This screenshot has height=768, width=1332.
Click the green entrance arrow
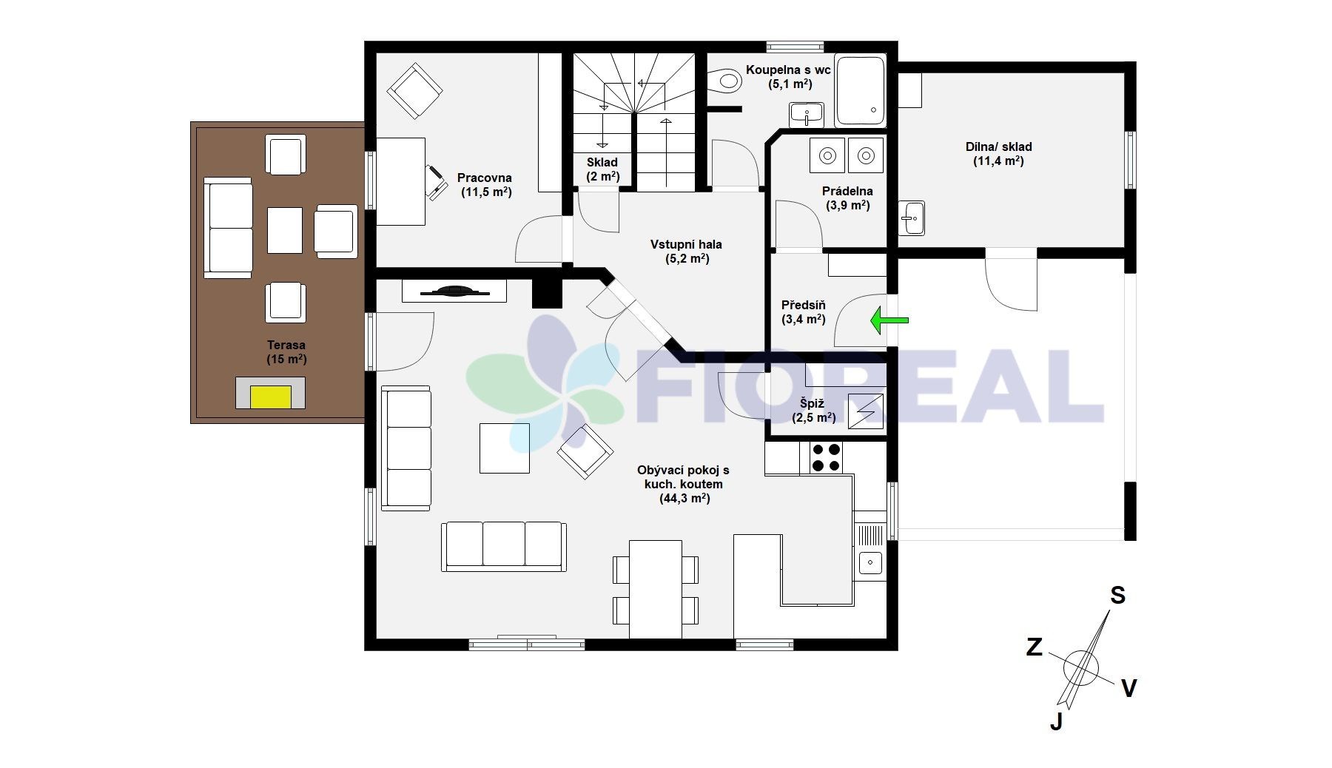(889, 320)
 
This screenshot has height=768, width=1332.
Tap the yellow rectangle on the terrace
(271, 397)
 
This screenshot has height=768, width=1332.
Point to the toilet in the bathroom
(725, 80)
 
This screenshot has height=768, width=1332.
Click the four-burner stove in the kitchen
(826, 457)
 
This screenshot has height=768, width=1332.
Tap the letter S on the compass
(1117, 596)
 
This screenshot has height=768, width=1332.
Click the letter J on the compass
(1057, 721)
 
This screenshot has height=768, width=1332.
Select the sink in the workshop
(912, 218)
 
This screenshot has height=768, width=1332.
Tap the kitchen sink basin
(870, 562)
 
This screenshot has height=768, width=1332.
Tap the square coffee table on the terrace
(285, 230)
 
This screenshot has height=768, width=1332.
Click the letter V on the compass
(1128, 689)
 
